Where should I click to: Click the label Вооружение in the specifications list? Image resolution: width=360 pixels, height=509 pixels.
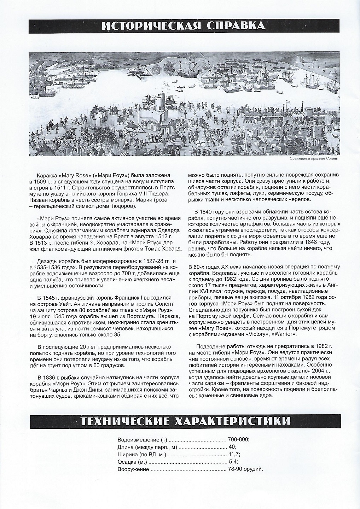pos(133,469)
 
